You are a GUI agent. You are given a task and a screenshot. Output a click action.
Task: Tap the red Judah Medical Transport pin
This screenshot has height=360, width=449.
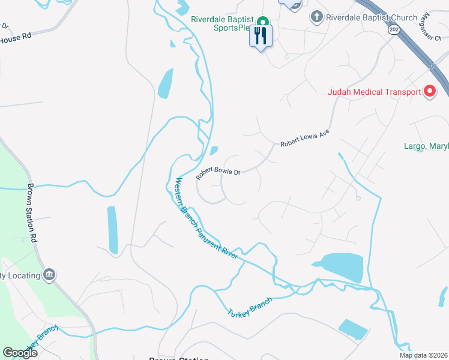point(430,91)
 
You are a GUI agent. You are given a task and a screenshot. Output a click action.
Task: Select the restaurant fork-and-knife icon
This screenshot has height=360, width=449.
point(261,35)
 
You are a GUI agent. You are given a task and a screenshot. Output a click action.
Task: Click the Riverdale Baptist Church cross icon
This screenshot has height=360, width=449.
point(316,17)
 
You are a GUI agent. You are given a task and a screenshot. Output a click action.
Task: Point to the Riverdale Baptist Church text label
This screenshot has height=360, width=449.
point(371,17)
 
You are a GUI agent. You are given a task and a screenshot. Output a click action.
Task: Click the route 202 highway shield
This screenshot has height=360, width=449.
point(393,29)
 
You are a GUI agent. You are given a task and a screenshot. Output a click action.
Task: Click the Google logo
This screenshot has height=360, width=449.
point(20,353)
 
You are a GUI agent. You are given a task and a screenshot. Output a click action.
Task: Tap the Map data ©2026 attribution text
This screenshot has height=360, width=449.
point(423,355)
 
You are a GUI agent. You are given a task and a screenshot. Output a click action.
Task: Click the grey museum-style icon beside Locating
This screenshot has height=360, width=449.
point(50,275)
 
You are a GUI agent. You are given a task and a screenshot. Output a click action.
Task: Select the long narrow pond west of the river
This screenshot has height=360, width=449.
point(112,230)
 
